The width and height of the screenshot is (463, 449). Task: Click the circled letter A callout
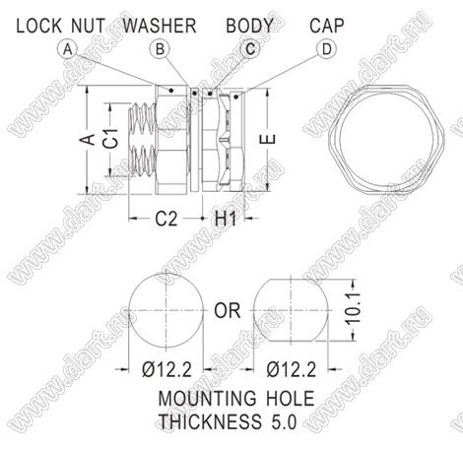pos(67,49)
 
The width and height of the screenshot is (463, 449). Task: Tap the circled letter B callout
pos(160,49)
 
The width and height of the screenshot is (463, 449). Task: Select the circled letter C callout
pos(250,49)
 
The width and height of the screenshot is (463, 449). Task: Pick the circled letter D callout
pos(327,49)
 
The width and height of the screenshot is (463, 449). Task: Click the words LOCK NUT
pos(61,26)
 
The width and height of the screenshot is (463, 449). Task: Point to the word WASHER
pos(160,26)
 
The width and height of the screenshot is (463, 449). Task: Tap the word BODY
pos(249,26)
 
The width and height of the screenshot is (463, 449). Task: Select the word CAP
pos(327,26)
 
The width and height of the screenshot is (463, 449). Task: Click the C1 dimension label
pos(112,139)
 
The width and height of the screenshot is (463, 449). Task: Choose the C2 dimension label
pos(166,219)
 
